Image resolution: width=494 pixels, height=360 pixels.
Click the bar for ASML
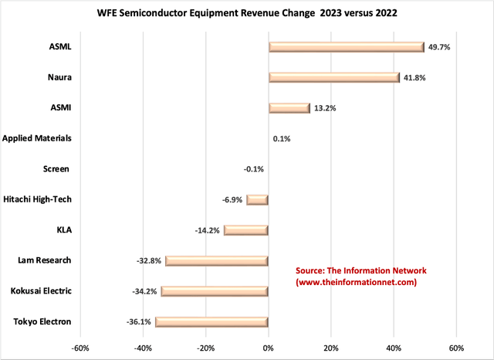coord(346,47)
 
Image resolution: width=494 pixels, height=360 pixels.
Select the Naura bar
coord(333,77)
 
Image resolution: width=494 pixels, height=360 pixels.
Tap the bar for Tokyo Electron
coord(211,321)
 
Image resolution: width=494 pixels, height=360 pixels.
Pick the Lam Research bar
coord(216,260)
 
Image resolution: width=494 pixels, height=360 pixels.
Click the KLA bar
coord(245,230)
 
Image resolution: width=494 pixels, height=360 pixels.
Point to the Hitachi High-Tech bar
coord(257,199)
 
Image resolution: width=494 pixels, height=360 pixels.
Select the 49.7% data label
coord(439,47)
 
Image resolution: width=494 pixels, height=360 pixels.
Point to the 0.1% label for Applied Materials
coord(282,139)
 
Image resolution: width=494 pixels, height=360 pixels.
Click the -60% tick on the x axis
coord(80,348)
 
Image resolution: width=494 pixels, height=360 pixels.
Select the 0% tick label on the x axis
coord(268,348)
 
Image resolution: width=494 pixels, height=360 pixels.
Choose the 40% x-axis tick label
coord(393,348)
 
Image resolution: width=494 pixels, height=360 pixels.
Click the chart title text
coord(246,13)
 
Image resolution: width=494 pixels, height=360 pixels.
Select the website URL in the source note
coord(357,283)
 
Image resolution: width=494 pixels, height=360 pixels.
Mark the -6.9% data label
coord(232,199)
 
